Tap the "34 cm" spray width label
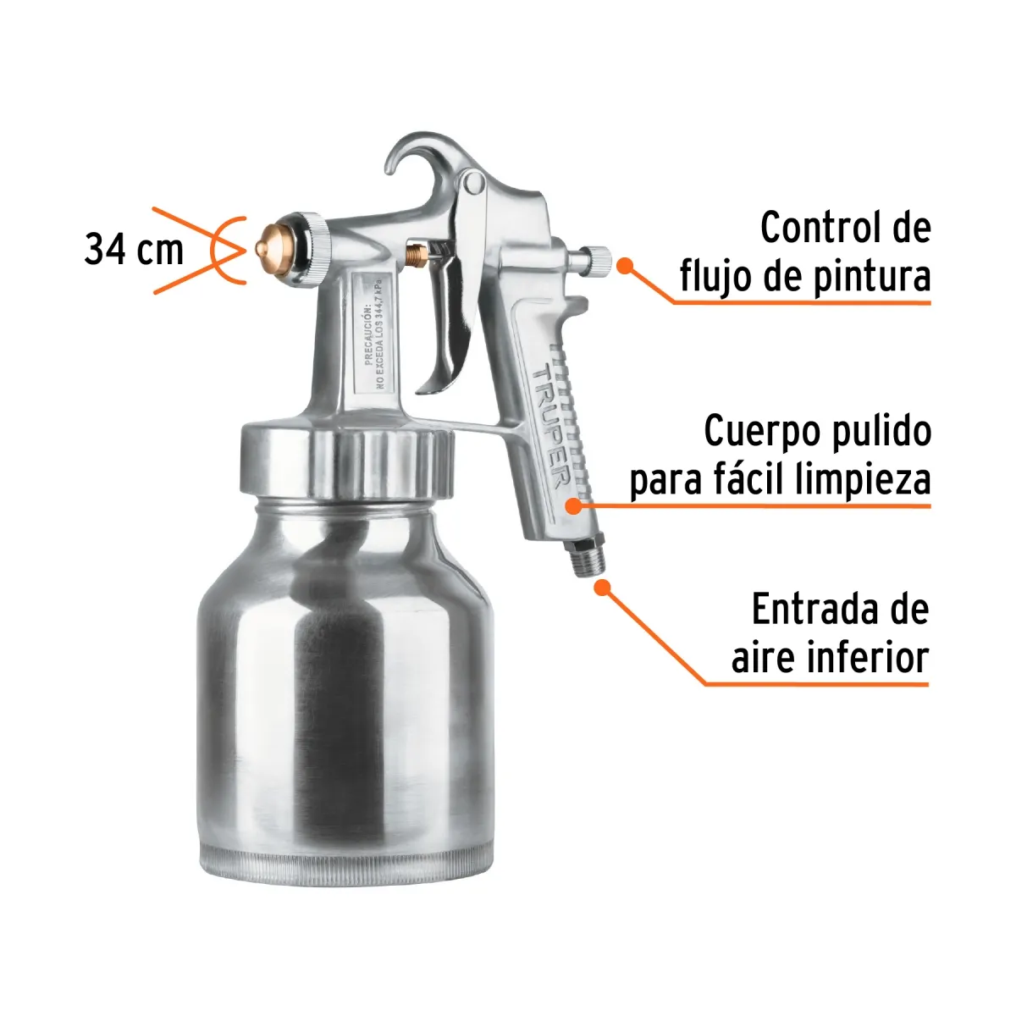pos(134,250)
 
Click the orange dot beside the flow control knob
pos(625,266)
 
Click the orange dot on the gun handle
pos(573,506)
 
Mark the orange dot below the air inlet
pos(601,586)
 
